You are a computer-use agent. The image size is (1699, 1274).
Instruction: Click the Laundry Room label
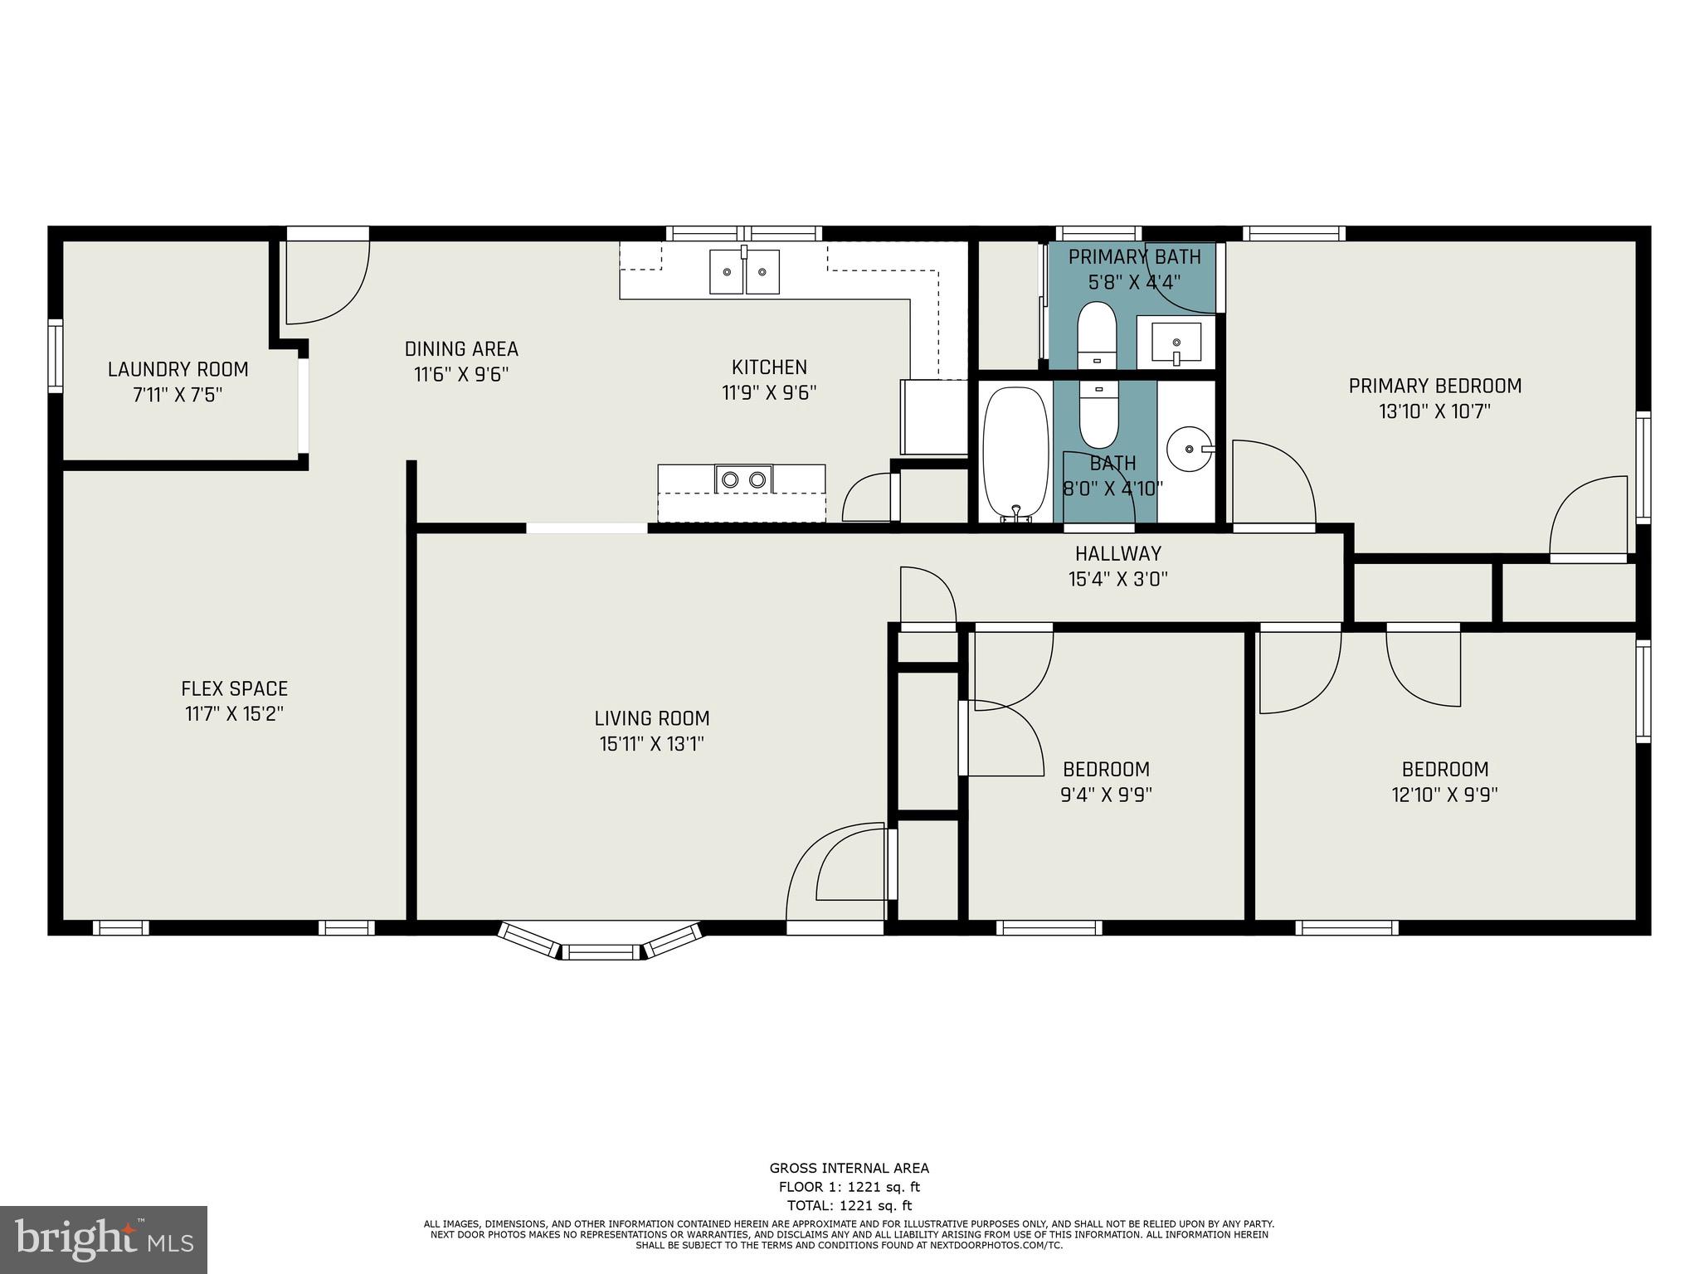click(x=178, y=369)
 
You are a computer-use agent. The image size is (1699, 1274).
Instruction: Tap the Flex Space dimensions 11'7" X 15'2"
click(x=234, y=714)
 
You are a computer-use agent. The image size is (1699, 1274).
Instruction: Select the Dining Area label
click(x=461, y=349)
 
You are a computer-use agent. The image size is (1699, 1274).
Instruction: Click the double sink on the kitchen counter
click(x=744, y=271)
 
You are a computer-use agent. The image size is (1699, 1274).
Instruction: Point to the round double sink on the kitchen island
click(x=743, y=479)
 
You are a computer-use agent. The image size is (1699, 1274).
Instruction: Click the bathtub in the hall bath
click(x=1015, y=453)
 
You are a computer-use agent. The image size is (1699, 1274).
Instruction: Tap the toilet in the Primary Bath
click(x=1098, y=334)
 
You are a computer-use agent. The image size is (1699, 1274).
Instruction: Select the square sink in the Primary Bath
click(x=1176, y=342)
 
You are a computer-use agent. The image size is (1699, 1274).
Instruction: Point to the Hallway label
click(x=1117, y=553)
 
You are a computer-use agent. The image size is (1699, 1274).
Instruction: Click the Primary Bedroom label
click(x=1434, y=386)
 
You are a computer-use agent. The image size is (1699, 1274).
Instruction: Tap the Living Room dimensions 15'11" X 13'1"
click(x=651, y=744)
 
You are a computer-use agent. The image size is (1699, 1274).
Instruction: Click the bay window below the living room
click(x=602, y=943)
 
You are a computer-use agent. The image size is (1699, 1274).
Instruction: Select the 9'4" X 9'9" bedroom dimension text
click(x=1106, y=795)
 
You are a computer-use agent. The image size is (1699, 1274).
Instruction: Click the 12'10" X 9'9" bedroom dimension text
click(x=1444, y=795)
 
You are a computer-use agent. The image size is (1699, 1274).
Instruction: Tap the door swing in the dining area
click(x=326, y=282)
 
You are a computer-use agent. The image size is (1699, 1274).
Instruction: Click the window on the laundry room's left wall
click(x=56, y=356)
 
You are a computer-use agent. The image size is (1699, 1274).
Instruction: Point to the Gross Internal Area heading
click(x=849, y=1169)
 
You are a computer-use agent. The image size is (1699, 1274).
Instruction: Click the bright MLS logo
click(x=104, y=1239)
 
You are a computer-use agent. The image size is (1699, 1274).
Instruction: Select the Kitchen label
click(x=769, y=367)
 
